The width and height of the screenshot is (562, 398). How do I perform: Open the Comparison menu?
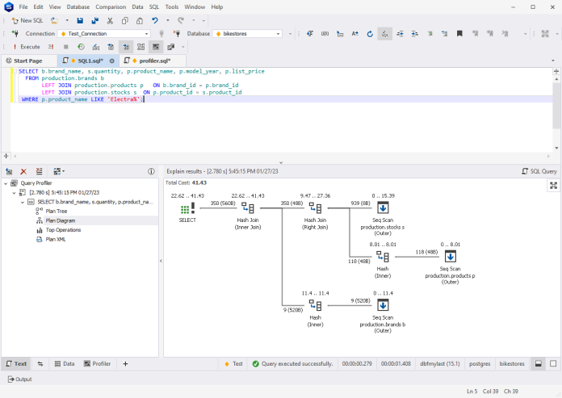(x=105, y=6)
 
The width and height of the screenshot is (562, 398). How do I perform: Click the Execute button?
(x=26, y=47)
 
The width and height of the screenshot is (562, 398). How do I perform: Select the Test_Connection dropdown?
(x=104, y=34)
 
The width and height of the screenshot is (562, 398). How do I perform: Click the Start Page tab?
(x=27, y=61)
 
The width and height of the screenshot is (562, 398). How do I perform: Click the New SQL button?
(x=27, y=20)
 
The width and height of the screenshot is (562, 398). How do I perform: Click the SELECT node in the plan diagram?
(x=187, y=208)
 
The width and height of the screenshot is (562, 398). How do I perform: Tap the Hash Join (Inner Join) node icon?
(x=248, y=208)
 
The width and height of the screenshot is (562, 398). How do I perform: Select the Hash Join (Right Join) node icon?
(x=315, y=208)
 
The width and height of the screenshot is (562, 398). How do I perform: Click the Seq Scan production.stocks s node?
(x=383, y=208)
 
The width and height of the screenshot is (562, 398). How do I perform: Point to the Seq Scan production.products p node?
(x=451, y=256)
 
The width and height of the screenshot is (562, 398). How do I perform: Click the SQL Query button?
(x=539, y=171)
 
